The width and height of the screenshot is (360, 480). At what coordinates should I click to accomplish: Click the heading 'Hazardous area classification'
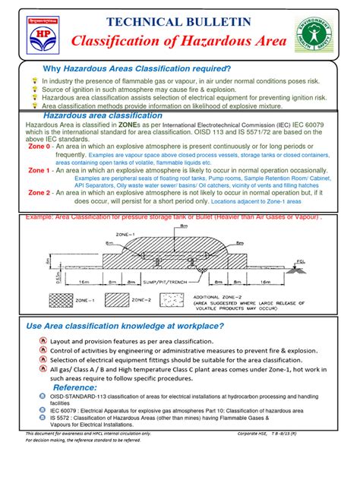[103, 115]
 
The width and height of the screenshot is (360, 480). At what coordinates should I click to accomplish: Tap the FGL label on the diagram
[322, 263]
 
